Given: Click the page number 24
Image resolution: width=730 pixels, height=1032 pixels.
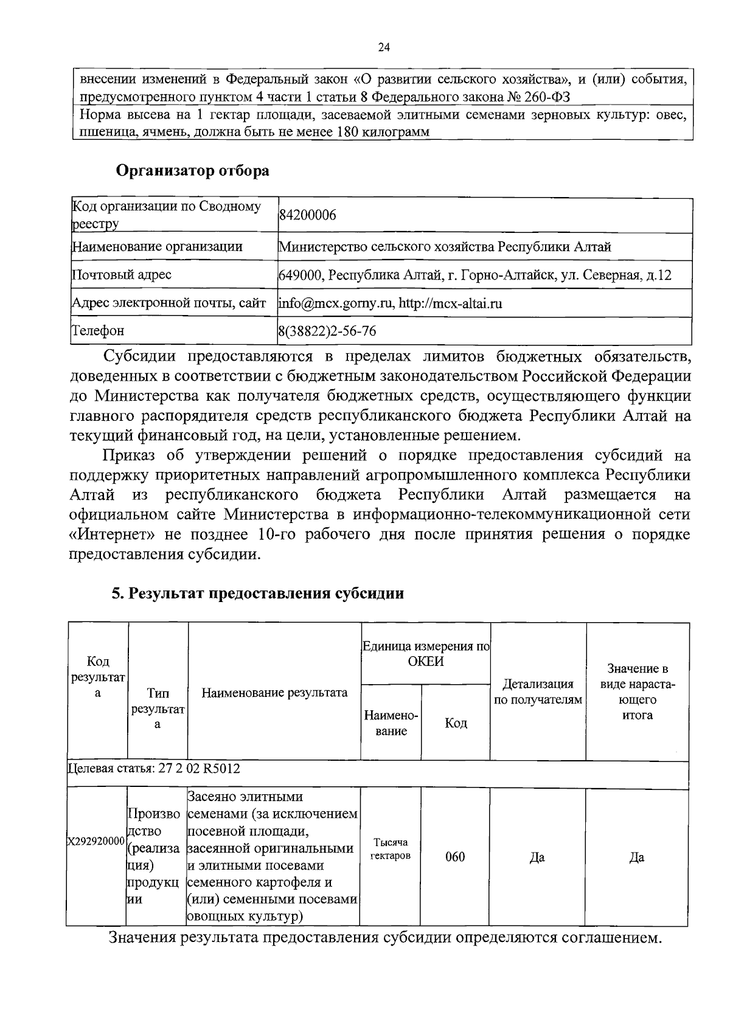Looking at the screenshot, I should (383, 48).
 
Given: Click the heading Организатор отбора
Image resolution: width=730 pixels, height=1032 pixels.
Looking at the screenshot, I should (193, 171).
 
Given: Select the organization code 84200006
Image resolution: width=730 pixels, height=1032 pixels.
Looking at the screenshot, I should (307, 215).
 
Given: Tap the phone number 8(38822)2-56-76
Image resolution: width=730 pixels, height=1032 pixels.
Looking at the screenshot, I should (327, 331).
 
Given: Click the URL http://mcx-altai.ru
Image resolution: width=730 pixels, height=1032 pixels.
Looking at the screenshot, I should (450, 303).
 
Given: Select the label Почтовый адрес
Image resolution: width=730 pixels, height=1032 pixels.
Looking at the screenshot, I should (122, 275).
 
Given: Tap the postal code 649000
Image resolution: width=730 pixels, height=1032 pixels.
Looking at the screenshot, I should (299, 275).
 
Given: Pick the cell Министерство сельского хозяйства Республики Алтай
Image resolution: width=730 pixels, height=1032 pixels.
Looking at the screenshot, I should (445, 247).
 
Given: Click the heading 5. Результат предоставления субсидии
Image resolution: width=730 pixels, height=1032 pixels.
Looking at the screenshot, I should (257, 593).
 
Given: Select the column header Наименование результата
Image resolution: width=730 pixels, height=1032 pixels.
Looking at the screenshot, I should (274, 692).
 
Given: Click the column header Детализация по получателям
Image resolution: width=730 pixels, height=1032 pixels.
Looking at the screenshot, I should (538, 692).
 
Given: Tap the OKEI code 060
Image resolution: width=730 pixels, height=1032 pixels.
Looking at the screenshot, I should (455, 857).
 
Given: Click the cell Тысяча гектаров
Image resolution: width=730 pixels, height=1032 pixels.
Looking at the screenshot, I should (391, 849).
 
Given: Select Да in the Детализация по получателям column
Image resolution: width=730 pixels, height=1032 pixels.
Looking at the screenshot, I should (537, 857).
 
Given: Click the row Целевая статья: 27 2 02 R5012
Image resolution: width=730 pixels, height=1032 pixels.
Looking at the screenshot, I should (155, 769).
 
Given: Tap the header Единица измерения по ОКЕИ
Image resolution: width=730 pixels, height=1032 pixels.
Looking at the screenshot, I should (426, 654).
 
